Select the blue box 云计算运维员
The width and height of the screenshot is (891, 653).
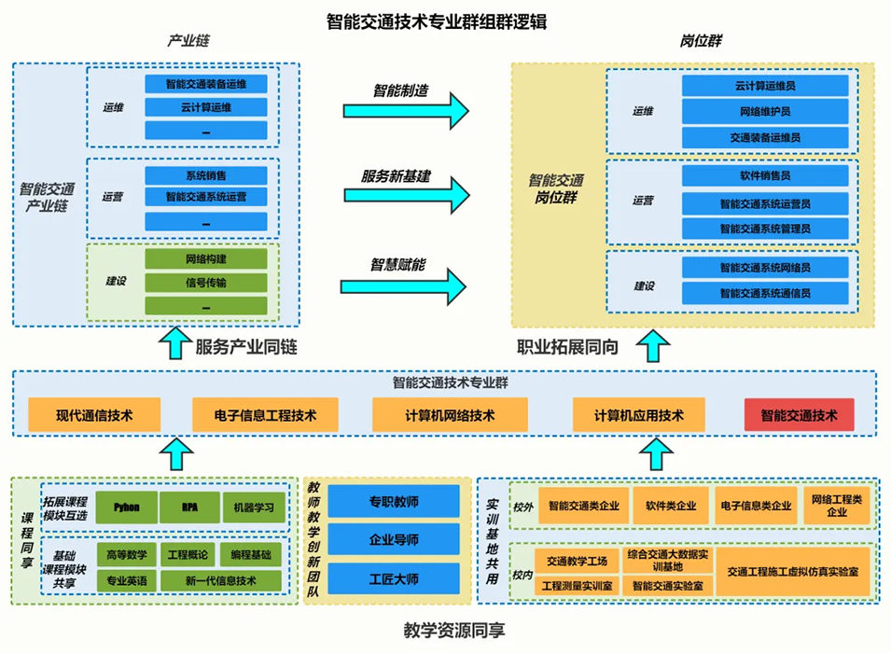764,86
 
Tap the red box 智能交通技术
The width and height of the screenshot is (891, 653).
799,415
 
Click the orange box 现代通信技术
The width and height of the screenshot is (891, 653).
94,415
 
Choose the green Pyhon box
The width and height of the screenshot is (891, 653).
126,507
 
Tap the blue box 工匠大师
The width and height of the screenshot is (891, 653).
394,577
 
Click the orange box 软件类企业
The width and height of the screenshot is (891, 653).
670,506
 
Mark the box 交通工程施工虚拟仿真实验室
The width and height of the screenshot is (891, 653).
793,571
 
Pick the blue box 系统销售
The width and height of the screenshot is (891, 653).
205,175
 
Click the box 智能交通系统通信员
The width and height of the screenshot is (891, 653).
764,293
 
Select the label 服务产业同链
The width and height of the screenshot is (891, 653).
245,347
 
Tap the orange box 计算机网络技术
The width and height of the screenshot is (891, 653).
450,415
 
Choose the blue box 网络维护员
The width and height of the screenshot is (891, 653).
764,112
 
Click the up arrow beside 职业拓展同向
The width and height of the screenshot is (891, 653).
659,346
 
